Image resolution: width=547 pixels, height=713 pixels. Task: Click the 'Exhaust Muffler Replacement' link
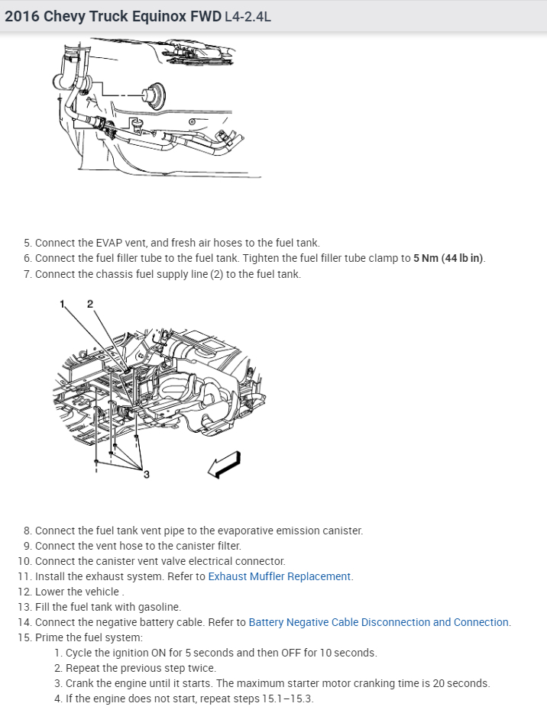(280, 576)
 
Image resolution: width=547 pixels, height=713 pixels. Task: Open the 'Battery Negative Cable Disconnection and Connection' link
(379, 622)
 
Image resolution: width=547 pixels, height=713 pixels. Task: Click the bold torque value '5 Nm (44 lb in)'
(448, 258)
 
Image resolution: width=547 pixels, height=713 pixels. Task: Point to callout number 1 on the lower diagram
(63, 304)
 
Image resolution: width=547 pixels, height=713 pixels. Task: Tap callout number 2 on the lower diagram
(89, 304)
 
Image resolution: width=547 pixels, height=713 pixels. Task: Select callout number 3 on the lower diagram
(147, 475)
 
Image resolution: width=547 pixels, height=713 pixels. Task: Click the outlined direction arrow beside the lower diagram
(225, 464)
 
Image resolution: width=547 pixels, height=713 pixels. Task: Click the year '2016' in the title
(21, 16)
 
